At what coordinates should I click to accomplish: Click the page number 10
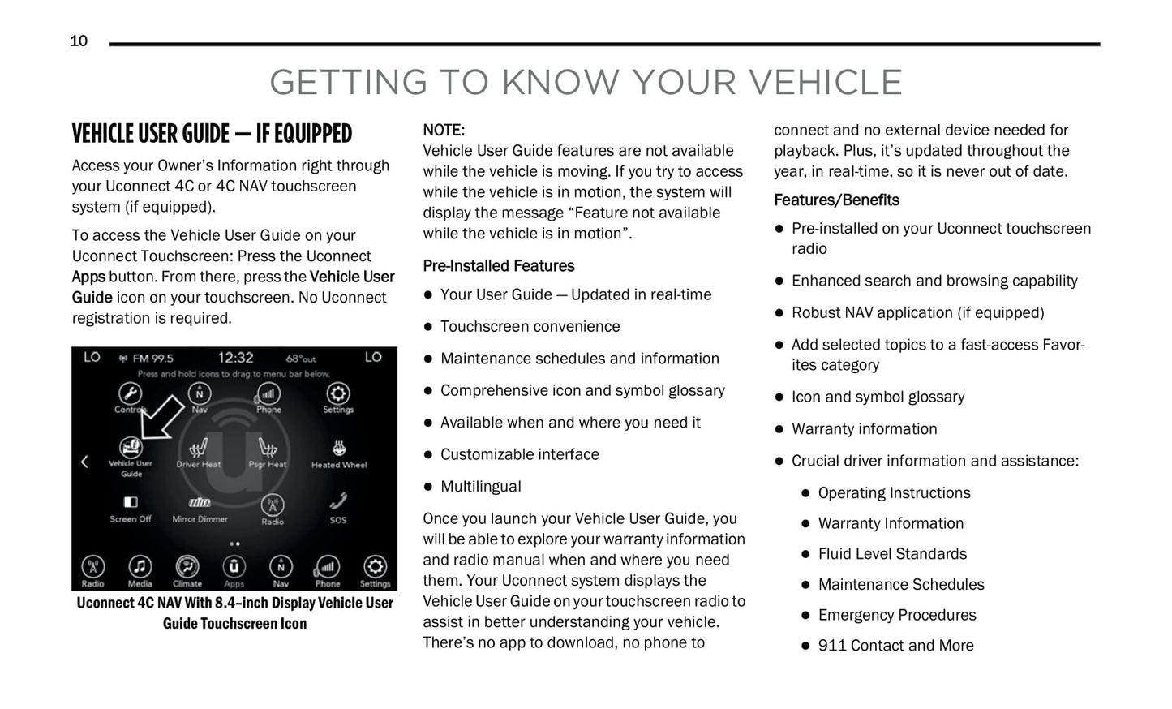[x=79, y=41]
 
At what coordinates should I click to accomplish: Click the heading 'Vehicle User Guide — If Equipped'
[x=212, y=134]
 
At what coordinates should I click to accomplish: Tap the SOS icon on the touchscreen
[x=338, y=502]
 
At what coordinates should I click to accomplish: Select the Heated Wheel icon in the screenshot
[x=339, y=449]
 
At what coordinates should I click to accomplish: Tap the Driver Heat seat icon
[x=199, y=449]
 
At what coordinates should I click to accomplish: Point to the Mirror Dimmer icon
[x=200, y=503]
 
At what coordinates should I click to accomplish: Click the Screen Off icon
[x=131, y=503]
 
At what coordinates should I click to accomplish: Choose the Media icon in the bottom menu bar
[x=140, y=567]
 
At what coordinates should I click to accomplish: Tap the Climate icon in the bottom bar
[x=187, y=567]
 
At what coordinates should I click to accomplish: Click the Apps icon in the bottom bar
[x=234, y=567]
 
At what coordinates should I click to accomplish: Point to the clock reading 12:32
[x=235, y=358]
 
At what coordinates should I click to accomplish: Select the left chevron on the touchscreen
[x=84, y=462]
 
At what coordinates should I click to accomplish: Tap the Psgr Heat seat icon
[x=268, y=449]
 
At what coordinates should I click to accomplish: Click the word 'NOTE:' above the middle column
[x=444, y=130]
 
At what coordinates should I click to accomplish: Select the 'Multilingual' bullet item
[x=480, y=487]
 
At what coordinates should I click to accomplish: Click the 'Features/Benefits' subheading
[x=836, y=200]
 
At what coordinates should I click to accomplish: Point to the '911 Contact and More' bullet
[x=895, y=646]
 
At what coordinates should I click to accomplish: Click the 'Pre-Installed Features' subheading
[x=498, y=266]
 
